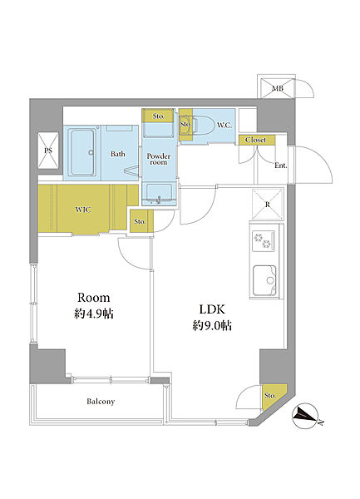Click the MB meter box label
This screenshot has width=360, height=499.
tap(278, 88)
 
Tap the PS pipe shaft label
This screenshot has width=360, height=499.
tap(48, 151)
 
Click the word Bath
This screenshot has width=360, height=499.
tap(118, 154)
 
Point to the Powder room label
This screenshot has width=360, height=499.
tap(158, 159)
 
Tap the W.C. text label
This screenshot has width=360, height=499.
tap(224, 126)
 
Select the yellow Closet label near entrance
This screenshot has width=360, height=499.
tap(256, 140)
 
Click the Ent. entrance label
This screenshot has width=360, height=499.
tap(281, 166)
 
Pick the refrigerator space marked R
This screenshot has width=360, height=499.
tap(267, 204)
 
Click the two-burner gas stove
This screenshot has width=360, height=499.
tap(264, 240)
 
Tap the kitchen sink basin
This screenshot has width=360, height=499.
tap(264, 281)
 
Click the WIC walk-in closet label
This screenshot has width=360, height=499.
tap(83, 210)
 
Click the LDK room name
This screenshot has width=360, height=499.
tap(212, 309)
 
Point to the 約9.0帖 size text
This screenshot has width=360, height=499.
tap(212, 325)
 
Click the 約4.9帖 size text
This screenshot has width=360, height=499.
tap(93, 314)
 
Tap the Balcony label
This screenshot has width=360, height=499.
tap(101, 402)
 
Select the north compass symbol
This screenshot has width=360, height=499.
tap(306, 417)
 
